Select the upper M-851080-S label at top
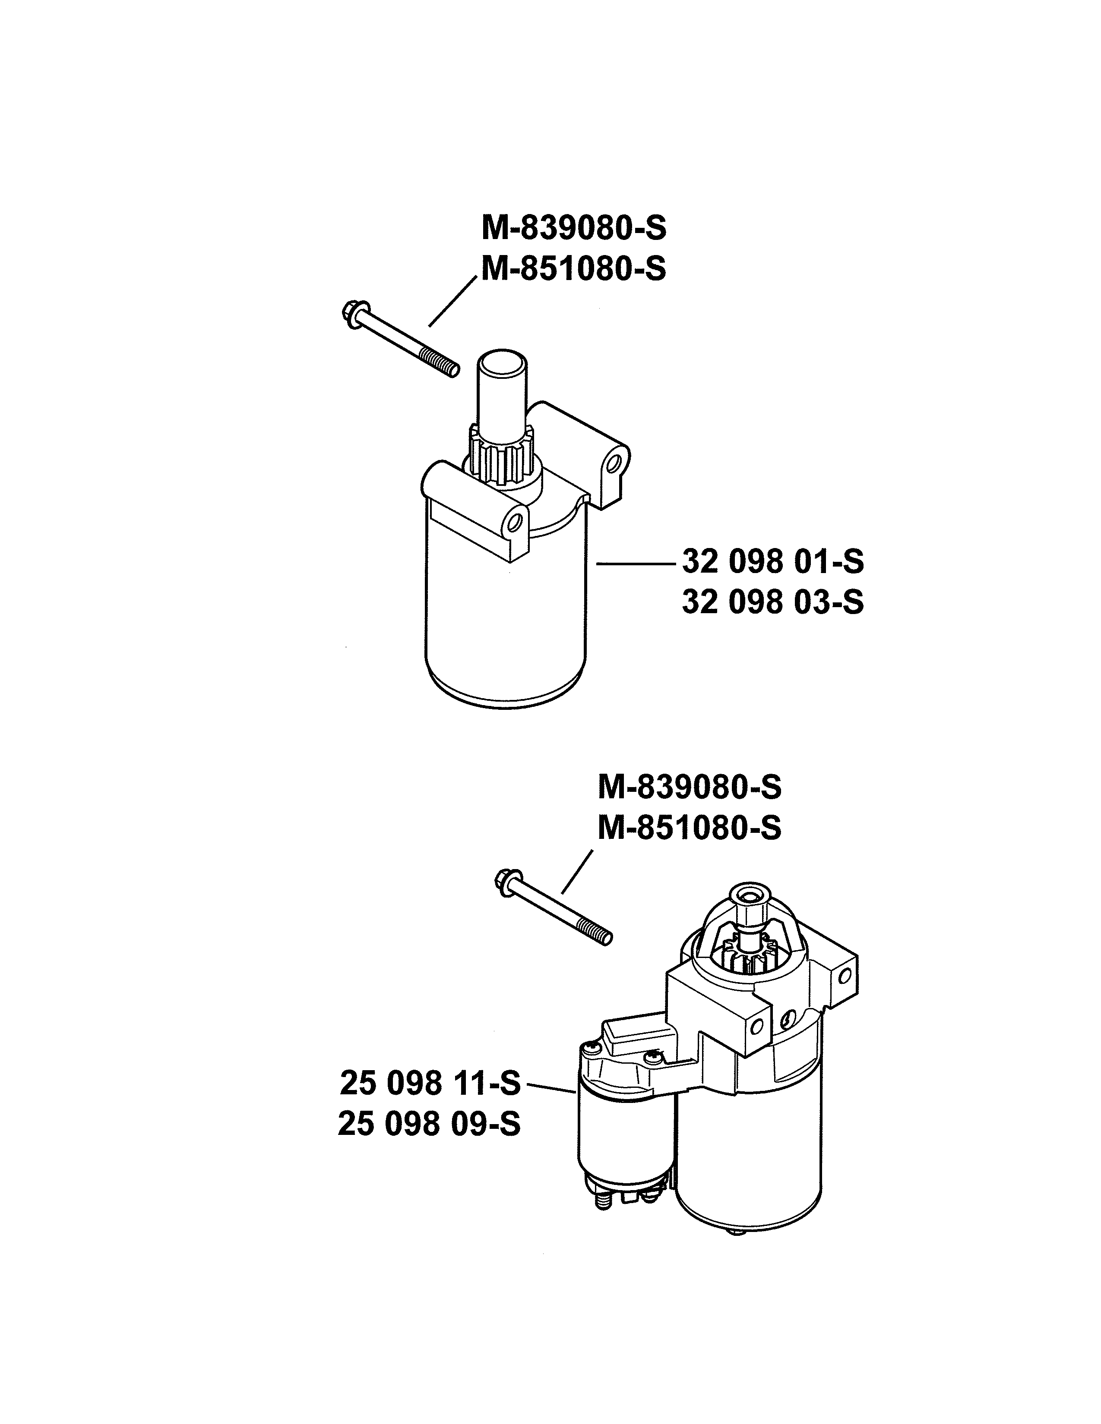click(574, 269)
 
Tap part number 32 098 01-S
click(773, 561)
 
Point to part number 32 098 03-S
click(773, 602)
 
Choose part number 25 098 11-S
click(430, 1084)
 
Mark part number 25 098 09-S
click(429, 1124)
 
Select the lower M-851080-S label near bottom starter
click(690, 829)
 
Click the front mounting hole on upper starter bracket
click(515, 522)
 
